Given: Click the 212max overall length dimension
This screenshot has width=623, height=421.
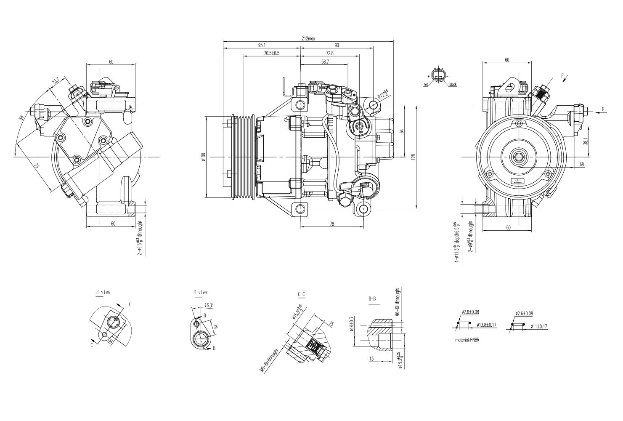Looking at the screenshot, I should [x=308, y=38].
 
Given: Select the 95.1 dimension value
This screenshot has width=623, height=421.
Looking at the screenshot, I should [x=262, y=45].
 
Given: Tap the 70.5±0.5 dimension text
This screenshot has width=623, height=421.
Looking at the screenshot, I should [x=271, y=53].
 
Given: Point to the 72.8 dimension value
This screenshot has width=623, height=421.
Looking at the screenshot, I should [x=329, y=53].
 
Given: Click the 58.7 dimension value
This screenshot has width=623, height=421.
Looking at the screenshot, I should [x=325, y=61].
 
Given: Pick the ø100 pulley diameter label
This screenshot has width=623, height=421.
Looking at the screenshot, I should [x=203, y=157].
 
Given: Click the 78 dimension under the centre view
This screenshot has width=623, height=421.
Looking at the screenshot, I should [x=331, y=224].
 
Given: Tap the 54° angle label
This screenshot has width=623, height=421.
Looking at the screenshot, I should [x=21, y=117].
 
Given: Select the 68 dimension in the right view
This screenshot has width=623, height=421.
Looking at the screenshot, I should [x=581, y=165].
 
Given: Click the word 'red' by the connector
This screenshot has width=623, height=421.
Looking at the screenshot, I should [x=426, y=85].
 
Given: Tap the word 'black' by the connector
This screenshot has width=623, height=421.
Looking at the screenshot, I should [x=453, y=85].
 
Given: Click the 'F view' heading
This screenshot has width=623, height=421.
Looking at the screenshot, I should [x=103, y=292].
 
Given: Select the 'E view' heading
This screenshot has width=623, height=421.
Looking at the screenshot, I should [x=200, y=292].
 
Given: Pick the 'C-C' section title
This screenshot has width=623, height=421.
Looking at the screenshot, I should [x=301, y=294].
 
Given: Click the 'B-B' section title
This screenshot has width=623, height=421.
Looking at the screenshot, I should [x=372, y=299].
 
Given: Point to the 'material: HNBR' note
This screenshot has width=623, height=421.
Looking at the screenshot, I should [x=467, y=340].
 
